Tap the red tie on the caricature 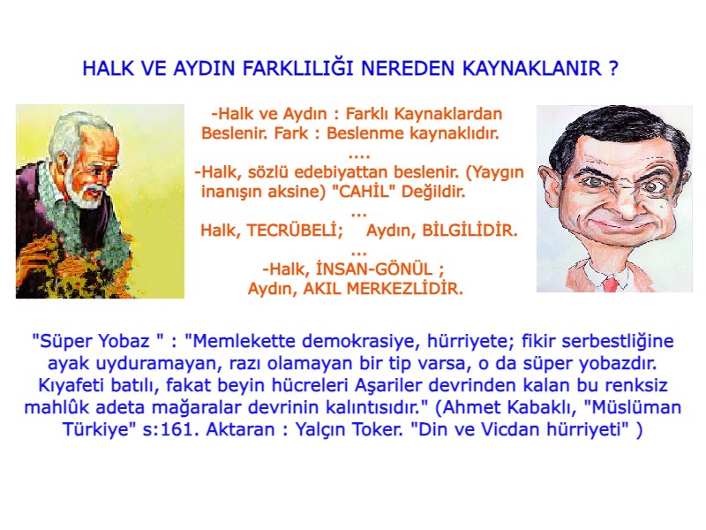click(609, 284)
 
